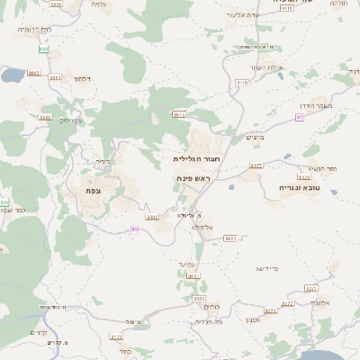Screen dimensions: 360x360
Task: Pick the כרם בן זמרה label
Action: point(35,30)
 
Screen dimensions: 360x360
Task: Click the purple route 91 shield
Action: point(300,116)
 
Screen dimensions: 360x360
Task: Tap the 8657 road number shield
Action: point(230,238)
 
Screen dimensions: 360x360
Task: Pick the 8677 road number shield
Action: point(256,166)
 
